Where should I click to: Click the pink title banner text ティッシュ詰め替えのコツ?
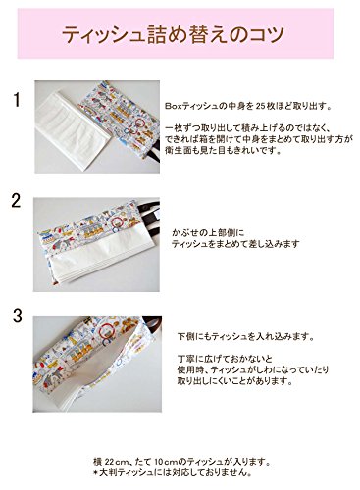click(x=173, y=35)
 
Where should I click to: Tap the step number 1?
click(x=17, y=100)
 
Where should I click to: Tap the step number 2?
click(x=16, y=201)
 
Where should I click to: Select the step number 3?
click(x=18, y=316)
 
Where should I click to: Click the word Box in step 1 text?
click(x=172, y=107)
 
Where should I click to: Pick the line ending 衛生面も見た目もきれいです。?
click(x=224, y=151)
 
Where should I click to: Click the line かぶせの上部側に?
click(x=208, y=233)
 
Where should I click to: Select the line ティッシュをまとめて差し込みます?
click(x=235, y=244)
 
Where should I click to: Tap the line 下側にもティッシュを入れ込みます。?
click(x=245, y=336)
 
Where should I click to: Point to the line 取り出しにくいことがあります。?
click(x=234, y=381)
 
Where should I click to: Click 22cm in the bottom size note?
click(x=116, y=462)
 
